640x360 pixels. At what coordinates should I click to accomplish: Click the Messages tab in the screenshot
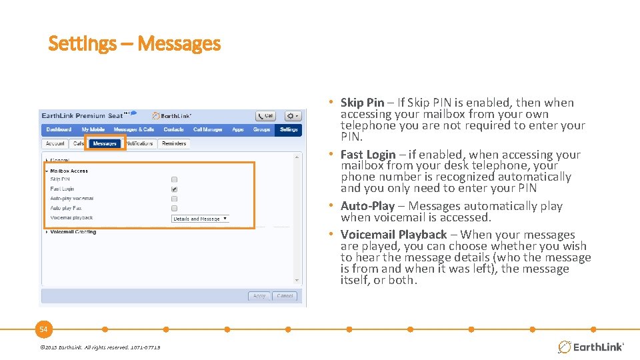[105, 143]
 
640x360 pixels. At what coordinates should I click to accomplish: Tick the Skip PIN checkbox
[174, 179]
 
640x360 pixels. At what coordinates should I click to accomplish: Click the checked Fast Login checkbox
[174, 189]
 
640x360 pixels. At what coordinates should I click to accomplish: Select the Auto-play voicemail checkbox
[174, 199]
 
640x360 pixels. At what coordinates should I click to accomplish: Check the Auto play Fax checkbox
[174, 208]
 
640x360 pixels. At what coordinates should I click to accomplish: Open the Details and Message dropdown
[200, 219]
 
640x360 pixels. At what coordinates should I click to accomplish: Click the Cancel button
[285, 296]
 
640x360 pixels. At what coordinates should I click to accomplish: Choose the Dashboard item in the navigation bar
[59, 129]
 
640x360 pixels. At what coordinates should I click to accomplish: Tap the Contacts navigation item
[173, 129]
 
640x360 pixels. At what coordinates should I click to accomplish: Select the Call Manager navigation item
[207, 129]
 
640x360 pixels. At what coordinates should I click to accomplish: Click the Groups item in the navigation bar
[261, 129]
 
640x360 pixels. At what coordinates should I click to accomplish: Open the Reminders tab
[174, 143]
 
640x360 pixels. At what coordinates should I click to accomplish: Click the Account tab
[55, 143]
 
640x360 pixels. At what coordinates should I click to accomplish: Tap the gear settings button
[293, 116]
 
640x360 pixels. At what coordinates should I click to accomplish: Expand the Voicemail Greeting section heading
[73, 232]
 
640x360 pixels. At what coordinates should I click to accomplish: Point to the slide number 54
[43, 329]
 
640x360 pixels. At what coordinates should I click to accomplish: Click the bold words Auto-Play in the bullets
[367, 206]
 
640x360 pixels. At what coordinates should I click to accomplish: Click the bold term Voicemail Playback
[393, 235]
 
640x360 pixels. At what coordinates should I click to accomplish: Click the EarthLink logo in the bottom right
[590, 347]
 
